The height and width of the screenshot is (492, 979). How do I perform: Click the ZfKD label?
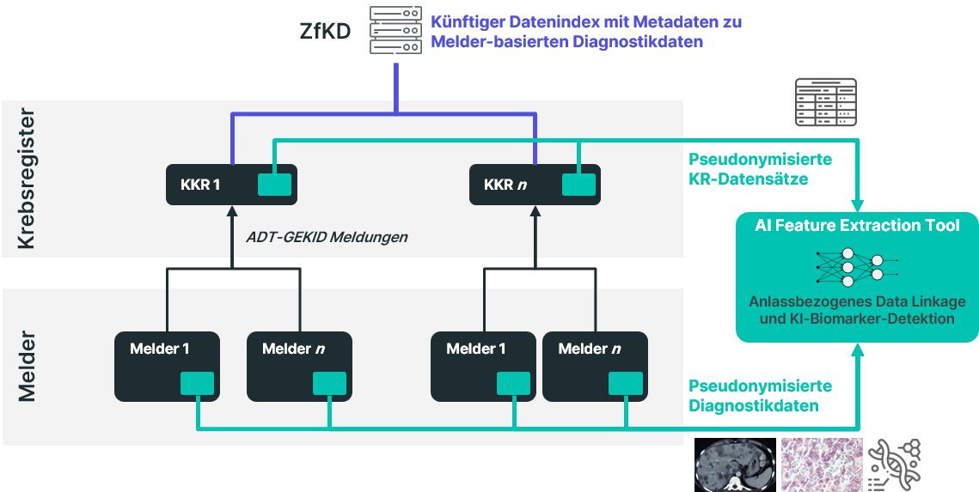pyautogui.click(x=325, y=31)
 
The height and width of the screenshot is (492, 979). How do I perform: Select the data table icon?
pyautogui.click(x=825, y=101)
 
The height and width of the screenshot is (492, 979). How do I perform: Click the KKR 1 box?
pyautogui.click(x=231, y=185)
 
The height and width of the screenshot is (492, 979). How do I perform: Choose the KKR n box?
pyautogui.click(x=535, y=185)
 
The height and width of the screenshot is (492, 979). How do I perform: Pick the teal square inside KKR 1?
pyautogui.click(x=275, y=185)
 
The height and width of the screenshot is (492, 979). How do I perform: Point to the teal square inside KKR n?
pyautogui.click(x=578, y=185)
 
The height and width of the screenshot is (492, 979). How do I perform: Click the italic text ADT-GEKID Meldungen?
pyautogui.click(x=327, y=237)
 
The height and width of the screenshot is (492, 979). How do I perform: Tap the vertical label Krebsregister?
pyautogui.click(x=26, y=179)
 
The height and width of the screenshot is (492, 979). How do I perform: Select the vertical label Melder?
pyautogui.click(x=26, y=367)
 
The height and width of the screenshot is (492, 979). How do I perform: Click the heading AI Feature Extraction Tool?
pyautogui.click(x=857, y=225)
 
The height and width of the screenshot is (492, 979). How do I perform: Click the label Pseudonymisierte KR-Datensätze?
pyautogui.click(x=761, y=169)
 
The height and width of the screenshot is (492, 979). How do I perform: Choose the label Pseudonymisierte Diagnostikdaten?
pyautogui.click(x=761, y=396)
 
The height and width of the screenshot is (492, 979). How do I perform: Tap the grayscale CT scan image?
pyautogui.click(x=735, y=465)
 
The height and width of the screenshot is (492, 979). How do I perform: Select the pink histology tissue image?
pyautogui.click(x=822, y=465)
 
